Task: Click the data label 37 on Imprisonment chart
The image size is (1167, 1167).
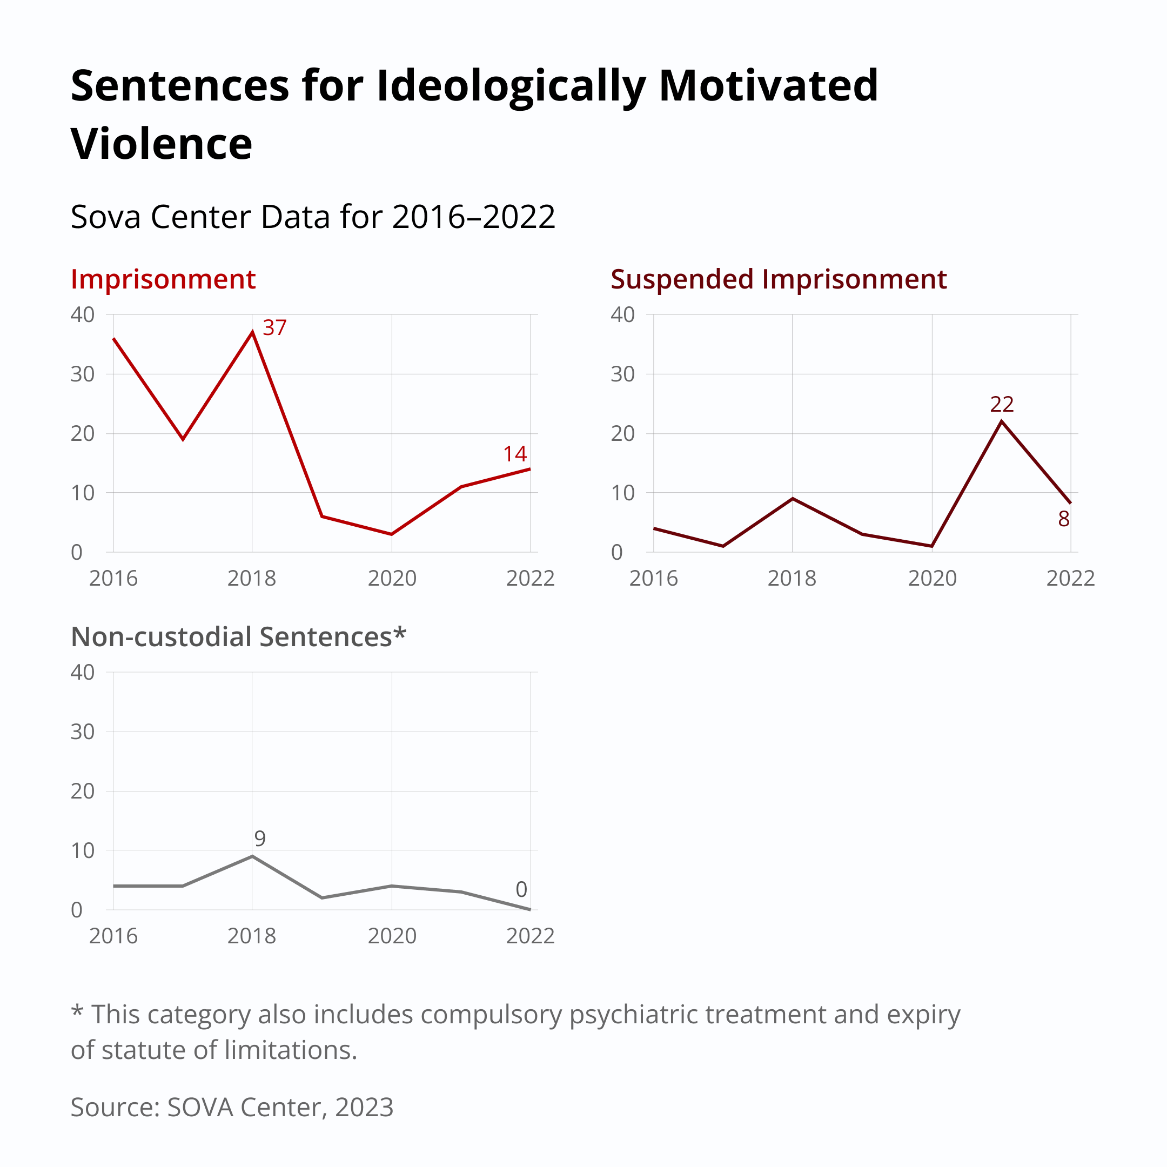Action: (274, 328)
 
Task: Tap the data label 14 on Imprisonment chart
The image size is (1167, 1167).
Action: (515, 454)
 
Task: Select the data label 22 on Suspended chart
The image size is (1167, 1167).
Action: (1002, 404)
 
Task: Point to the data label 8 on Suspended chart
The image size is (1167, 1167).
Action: (1064, 519)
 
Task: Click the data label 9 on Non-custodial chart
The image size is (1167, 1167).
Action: (260, 839)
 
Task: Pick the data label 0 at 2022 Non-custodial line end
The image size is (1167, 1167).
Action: (521, 889)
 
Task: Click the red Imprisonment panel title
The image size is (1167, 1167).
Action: (163, 280)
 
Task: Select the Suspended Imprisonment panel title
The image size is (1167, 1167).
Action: (778, 280)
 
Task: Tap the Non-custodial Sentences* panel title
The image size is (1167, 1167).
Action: (239, 638)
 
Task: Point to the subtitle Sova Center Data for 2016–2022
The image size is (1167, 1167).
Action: (313, 217)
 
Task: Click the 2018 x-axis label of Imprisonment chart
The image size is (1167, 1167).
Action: (251, 579)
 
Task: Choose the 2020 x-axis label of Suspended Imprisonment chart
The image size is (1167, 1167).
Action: (932, 579)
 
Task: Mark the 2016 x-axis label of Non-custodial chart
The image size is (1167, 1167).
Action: (113, 936)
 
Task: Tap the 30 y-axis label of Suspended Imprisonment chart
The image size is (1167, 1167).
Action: (622, 374)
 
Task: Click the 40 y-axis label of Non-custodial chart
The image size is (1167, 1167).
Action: (82, 672)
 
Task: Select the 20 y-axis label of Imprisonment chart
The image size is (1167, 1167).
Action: (82, 434)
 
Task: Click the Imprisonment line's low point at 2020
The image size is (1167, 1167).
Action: (391, 534)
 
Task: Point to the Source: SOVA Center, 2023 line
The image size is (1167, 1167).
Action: (232, 1107)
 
